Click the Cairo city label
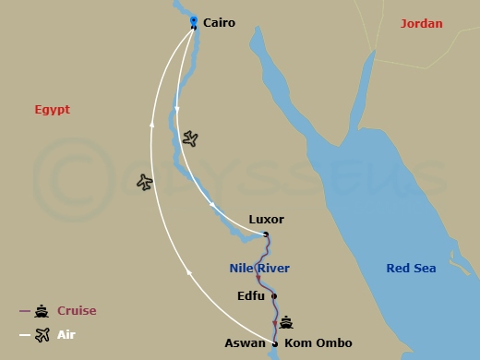point(219,22)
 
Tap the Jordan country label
point(421,23)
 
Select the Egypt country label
point(53,109)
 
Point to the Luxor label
point(267,220)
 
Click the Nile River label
point(259,269)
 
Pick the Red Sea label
point(411,269)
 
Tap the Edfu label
point(251,296)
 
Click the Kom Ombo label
point(318,343)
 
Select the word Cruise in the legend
point(77,311)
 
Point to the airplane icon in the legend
point(42,335)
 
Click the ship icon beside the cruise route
point(287,322)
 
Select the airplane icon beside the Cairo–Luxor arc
point(190,138)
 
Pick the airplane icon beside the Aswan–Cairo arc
point(144,182)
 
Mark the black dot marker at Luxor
point(266,234)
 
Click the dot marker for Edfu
point(274,296)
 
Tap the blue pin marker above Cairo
point(193,19)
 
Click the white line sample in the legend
point(25,335)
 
